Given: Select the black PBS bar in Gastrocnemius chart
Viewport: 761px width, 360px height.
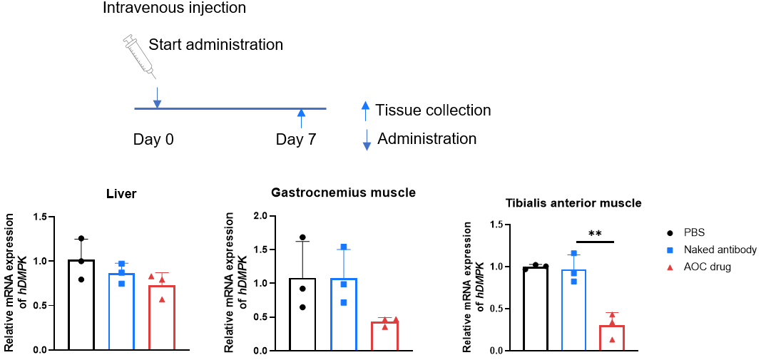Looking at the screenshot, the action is [302, 314].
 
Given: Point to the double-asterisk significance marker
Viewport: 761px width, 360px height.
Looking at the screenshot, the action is [595, 234].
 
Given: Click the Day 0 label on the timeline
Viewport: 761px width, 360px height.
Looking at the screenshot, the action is [153, 140].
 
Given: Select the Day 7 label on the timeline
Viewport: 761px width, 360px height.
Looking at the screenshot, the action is [296, 140].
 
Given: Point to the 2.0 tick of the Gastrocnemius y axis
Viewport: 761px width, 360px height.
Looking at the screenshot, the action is [260, 216].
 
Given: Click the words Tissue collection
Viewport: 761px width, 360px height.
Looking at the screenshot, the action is [434, 110].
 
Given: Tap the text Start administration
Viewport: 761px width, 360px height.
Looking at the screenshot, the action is [216, 45].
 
